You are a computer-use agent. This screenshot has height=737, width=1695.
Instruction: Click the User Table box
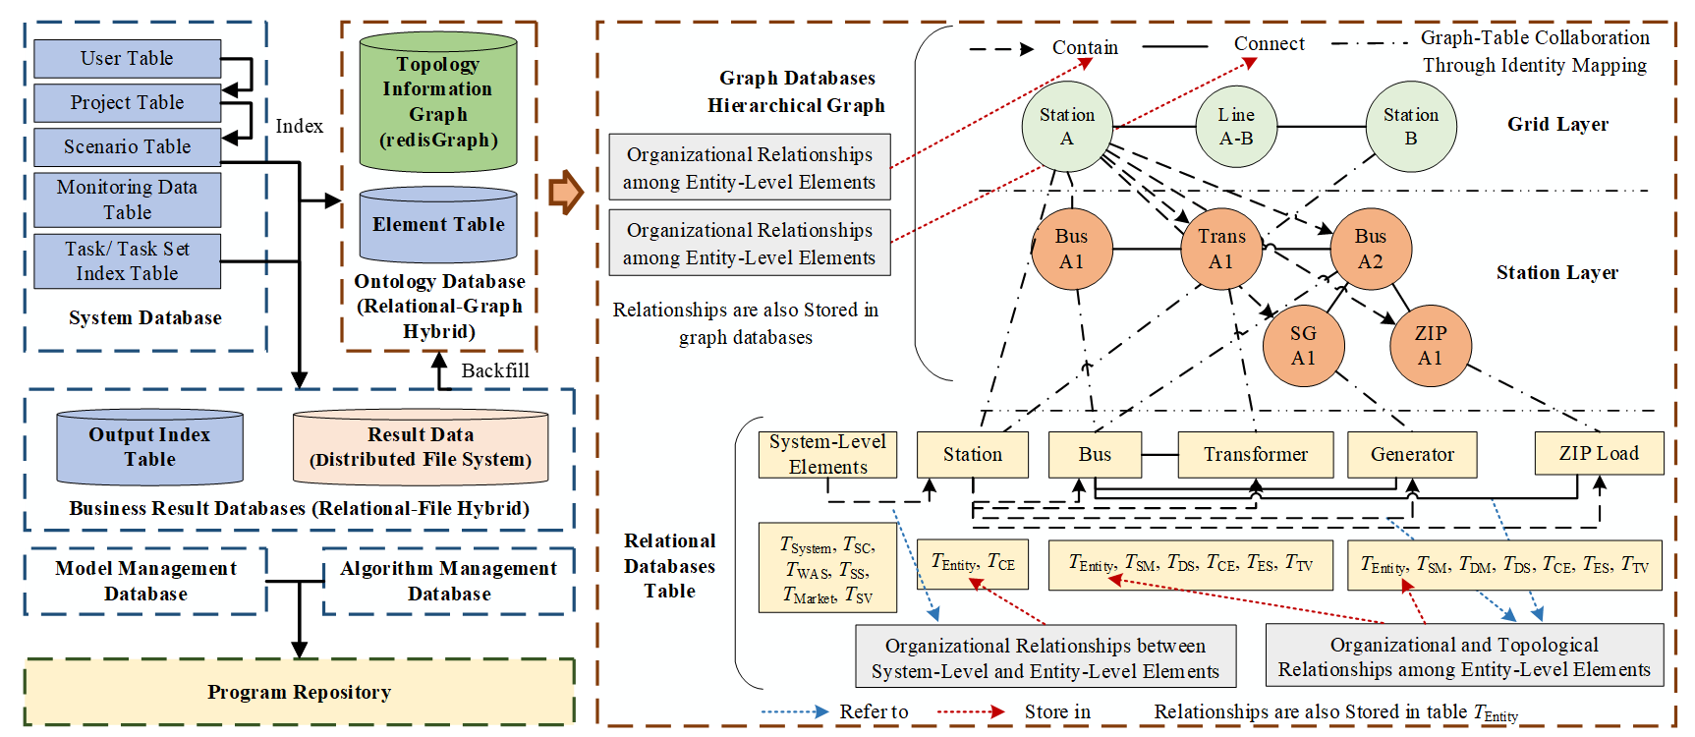(127, 59)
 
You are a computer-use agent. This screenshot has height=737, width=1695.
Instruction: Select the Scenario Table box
(127, 147)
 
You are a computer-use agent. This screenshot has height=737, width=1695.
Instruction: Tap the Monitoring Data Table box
(127, 199)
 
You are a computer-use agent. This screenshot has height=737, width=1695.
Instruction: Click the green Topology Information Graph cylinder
(438, 102)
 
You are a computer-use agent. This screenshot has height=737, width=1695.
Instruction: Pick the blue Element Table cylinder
(438, 225)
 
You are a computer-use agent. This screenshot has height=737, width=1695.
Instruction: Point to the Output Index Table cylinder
(149, 447)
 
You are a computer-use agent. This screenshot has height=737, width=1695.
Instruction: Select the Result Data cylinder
(421, 447)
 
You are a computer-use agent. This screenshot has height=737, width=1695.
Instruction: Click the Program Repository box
(299, 693)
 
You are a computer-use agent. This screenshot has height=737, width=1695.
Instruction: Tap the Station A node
(1066, 127)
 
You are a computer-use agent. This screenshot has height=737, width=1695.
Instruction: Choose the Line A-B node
(1235, 127)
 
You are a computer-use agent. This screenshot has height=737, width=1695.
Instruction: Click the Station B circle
(1410, 127)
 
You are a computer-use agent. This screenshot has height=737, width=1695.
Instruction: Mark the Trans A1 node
(1220, 249)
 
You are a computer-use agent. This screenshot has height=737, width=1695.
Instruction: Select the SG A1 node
(1303, 346)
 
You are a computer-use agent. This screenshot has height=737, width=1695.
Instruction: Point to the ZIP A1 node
(1430, 346)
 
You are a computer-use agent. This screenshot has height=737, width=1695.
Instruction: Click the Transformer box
(1255, 455)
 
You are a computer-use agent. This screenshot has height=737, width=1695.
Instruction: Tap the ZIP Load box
(1599, 454)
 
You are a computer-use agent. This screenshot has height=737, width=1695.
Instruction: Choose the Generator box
(1412, 455)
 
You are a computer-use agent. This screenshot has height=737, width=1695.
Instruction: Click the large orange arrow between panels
(566, 193)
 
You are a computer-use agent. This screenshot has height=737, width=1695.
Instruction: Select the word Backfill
(495, 370)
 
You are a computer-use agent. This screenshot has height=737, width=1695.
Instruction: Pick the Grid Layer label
(1557, 125)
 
